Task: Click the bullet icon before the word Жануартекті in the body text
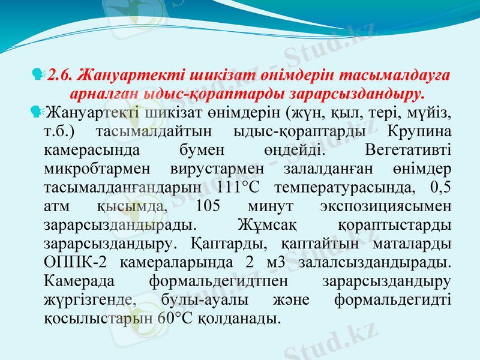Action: [x=39, y=112]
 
